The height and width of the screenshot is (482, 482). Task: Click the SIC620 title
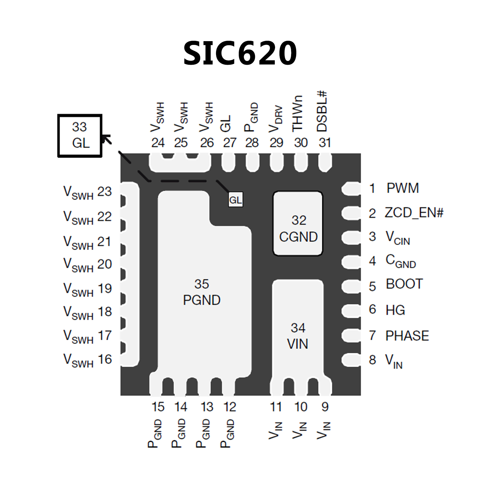[240, 53]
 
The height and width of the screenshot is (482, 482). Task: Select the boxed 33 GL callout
[80, 135]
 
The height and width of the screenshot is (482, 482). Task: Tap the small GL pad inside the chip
[236, 200]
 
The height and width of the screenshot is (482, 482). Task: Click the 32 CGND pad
[298, 223]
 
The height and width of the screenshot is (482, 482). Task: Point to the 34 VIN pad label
[297, 336]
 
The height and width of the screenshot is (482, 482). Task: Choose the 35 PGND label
[202, 292]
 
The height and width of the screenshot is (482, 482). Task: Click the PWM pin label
[403, 188]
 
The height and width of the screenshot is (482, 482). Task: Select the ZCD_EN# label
[414, 213]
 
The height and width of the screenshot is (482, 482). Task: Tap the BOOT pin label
[404, 284]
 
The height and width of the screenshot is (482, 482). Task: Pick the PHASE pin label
[407, 336]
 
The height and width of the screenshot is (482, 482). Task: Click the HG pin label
[395, 310]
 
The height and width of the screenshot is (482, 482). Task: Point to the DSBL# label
[322, 111]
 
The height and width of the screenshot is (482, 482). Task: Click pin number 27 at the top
[230, 143]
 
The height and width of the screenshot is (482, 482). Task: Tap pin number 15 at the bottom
[158, 407]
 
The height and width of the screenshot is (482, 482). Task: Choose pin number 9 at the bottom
[325, 407]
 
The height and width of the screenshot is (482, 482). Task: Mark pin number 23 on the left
[105, 192]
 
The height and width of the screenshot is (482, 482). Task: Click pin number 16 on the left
[105, 359]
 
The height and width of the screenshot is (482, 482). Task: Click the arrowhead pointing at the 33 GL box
[106, 138]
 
